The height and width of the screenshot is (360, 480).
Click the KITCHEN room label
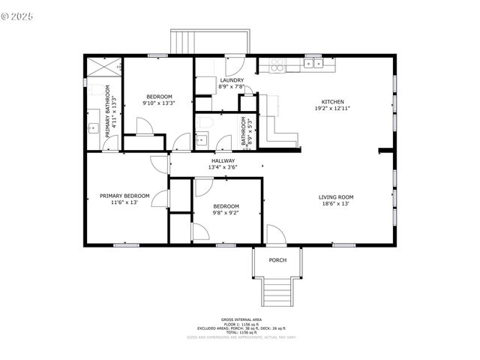coord(333,102)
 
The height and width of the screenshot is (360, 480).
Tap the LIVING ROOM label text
coord(335,197)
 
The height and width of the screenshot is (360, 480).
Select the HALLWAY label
coord(223,160)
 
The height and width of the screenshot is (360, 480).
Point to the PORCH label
coord(277,260)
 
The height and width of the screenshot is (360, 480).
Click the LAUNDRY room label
coord(231,80)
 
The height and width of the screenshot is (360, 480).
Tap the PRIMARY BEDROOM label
coord(124,196)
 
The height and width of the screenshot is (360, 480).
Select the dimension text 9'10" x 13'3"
coord(159,103)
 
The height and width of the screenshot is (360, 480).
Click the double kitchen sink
coord(313,64)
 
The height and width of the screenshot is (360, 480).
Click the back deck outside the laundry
coord(209,42)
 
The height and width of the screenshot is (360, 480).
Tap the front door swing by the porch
coord(275,234)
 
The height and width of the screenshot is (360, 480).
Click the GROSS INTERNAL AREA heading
coord(241,319)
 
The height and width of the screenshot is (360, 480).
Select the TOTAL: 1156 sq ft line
coord(241,332)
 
